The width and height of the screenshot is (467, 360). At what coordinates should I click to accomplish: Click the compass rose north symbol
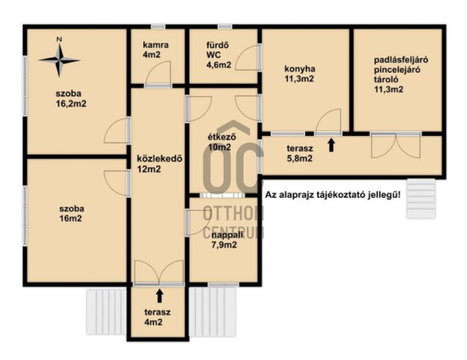point(60,60)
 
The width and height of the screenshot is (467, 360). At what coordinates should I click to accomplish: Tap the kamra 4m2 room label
point(155,50)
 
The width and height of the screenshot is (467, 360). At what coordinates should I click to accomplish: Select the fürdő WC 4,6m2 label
point(219,55)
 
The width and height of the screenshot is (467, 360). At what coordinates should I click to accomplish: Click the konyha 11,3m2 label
point(299,74)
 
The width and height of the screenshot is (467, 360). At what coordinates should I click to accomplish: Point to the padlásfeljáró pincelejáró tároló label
point(401,74)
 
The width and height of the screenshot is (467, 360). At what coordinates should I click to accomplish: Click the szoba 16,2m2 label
point(71,99)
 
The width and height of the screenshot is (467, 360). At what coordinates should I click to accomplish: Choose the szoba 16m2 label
point(71,213)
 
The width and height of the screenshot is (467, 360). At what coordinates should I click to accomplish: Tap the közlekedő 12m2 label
point(159,163)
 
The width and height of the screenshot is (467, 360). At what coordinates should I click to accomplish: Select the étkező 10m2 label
point(222,142)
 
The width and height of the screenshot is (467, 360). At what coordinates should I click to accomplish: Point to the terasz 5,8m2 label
point(299,153)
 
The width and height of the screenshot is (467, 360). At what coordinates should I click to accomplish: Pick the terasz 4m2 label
point(158,317)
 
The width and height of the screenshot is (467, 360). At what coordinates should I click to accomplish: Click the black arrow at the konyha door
point(331,145)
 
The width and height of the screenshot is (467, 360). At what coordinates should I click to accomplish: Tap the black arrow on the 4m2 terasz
point(160,296)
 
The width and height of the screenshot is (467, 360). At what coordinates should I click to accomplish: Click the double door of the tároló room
point(396,145)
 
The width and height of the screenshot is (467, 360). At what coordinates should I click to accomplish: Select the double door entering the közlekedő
point(159,272)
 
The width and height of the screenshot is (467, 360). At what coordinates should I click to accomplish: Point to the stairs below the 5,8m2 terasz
point(421,199)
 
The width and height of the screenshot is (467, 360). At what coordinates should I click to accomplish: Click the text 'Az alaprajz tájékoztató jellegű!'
point(332,195)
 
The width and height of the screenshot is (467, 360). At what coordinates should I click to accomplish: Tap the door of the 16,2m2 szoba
point(117,130)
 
